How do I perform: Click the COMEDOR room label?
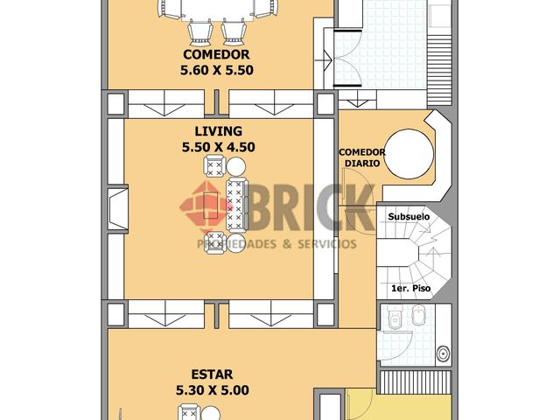(216, 54)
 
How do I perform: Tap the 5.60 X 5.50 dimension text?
(217, 70)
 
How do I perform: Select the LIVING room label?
(218, 131)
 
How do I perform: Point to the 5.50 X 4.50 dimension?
(218, 147)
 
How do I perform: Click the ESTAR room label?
(212, 374)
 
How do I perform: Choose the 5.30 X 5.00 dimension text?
(213, 390)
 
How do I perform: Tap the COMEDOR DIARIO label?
(361, 157)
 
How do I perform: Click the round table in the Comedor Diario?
(409, 154)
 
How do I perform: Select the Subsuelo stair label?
(409, 217)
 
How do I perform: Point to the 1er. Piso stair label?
(410, 288)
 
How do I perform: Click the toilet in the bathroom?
(395, 318)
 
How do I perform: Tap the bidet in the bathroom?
(418, 315)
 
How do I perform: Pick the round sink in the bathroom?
(444, 353)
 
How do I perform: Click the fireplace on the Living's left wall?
(118, 209)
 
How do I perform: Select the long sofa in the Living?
(236, 205)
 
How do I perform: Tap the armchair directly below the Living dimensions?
(214, 166)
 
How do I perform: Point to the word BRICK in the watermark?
(311, 208)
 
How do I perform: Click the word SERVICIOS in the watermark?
(327, 244)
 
